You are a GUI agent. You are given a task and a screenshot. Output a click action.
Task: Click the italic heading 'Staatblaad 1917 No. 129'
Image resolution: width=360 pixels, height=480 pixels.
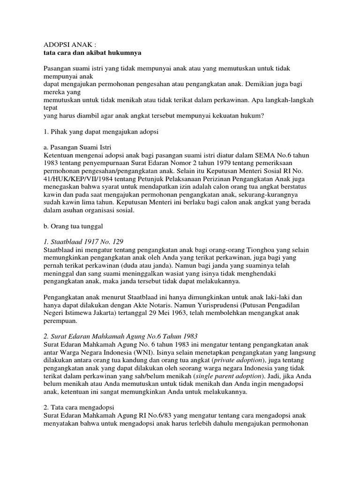[82, 241]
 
